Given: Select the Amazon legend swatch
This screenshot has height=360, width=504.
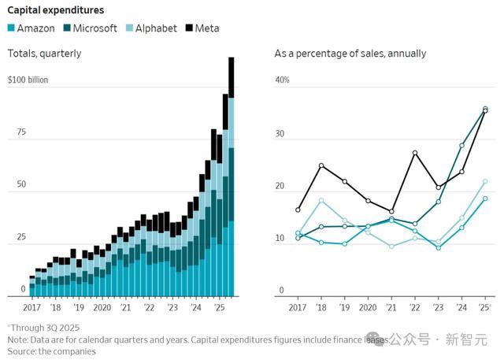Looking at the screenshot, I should pos(12,28).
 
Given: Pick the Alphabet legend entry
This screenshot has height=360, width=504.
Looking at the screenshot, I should pos(150,28).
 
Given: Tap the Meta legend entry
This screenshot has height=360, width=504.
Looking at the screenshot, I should pos(202,28).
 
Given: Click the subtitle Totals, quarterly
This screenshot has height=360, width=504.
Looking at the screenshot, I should pos(44,54).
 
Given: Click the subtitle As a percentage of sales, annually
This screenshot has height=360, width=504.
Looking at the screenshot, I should pos(350,54).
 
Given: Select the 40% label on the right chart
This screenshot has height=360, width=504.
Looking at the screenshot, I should pos(282,80).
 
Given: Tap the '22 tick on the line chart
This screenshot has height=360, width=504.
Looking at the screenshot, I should pos(414,307).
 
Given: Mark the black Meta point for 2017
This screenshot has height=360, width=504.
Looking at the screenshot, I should pos(298,210).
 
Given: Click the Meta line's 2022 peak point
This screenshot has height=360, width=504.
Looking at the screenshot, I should pos(415,153).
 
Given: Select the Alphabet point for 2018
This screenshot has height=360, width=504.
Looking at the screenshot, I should pos(321,200).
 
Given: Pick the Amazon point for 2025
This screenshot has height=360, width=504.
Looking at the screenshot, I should pos(485,199).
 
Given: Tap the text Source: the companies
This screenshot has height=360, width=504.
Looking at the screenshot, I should pos(51,351).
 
